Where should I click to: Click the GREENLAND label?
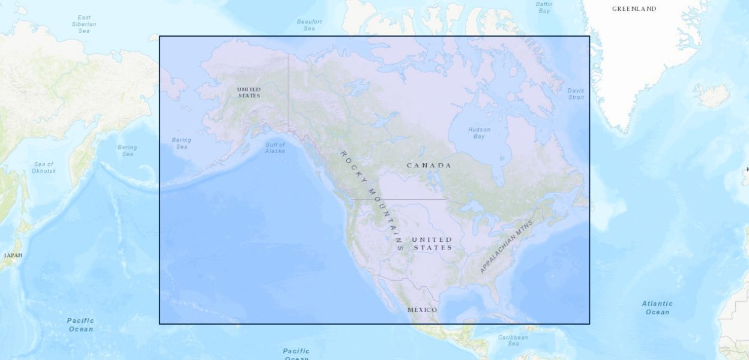[x=634, y=9]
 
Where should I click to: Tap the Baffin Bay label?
[x=544, y=7]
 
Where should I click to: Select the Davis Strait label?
[x=576, y=94]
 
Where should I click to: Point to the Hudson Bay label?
[x=479, y=133]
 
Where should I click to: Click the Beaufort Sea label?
[x=309, y=25]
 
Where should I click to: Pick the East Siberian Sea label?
[x=84, y=24]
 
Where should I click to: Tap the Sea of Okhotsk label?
[x=44, y=167]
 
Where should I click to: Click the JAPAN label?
[x=13, y=256]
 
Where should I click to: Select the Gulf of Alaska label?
[x=275, y=148]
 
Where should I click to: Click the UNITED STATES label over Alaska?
[x=249, y=92]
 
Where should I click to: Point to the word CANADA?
[x=429, y=166]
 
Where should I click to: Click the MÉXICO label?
[x=423, y=310]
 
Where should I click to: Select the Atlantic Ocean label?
[x=657, y=308]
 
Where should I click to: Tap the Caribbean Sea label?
[x=513, y=340]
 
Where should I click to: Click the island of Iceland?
[x=712, y=94]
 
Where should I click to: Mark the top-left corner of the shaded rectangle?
[x=160, y=37]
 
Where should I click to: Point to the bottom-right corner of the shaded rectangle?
[x=589, y=324]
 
